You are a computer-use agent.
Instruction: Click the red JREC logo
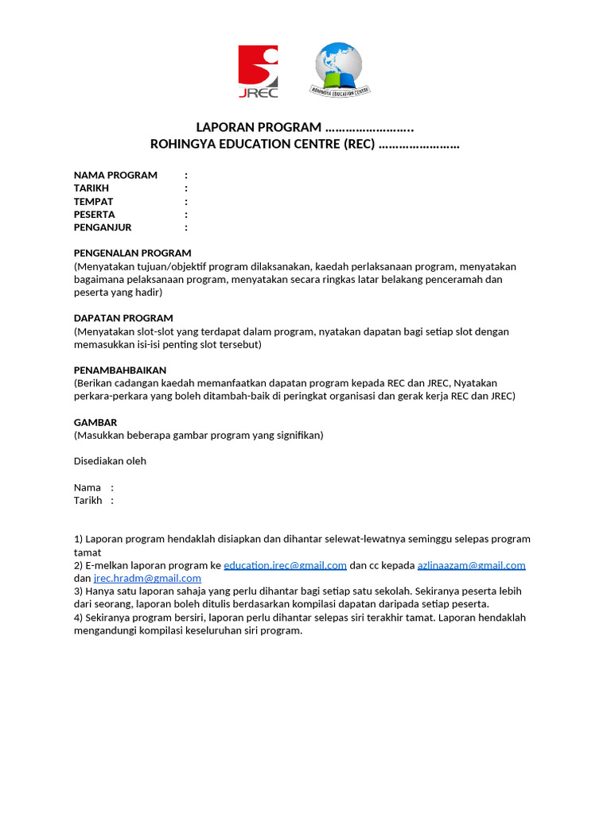click(258, 72)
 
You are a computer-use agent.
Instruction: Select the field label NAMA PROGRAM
click(115, 175)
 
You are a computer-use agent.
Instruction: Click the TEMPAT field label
click(94, 201)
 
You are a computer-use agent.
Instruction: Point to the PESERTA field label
click(95, 214)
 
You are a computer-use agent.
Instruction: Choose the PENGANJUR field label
click(103, 227)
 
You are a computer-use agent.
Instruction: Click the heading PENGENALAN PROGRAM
click(133, 253)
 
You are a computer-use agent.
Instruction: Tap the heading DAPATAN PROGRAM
click(123, 318)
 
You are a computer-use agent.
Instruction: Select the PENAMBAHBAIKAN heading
click(120, 370)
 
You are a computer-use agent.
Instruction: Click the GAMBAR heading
click(95, 422)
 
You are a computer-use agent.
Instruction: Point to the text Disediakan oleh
click(110, 461)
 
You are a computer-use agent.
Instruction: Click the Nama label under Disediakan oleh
click(88, 487)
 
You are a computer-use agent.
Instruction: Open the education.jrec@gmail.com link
click(285, 565)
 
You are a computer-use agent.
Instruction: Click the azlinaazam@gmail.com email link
click(471, 565)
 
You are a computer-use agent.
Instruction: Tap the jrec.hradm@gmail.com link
click(147, 579)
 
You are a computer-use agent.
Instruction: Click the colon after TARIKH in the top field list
click(186, 188)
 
